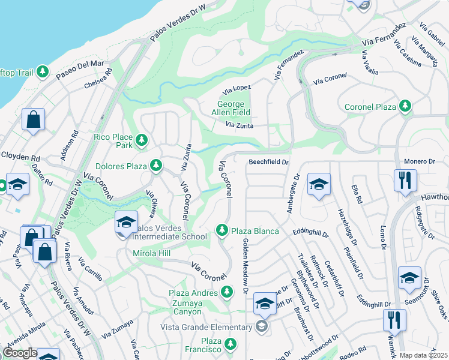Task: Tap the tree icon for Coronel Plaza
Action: click(406, 107)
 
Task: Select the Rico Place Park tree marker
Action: click(142, 140)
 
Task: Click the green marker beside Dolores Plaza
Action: click(155, 164)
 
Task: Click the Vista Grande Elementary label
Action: click(206, 327)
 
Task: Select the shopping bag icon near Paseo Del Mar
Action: click(34, 119)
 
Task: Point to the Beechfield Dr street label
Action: click(269, 161)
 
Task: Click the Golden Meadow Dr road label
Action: click(245, 265)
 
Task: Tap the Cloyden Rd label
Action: click(20, 156)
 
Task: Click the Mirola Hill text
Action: click(152, 254)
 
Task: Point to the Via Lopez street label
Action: click(237, 91)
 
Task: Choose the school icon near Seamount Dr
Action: click(409, 278)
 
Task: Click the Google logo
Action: click(20, 353)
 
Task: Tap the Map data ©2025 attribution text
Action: click(423, 355)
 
